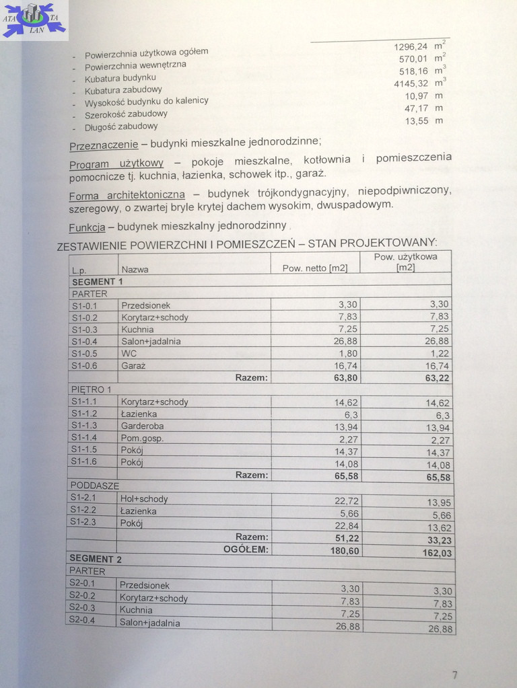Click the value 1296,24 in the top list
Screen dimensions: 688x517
point(410,46)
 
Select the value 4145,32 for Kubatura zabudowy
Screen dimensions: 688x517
point(410,83)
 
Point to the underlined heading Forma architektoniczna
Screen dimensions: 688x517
point(127,195)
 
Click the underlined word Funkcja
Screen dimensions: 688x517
point(86,227)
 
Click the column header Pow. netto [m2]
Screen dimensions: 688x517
point(314,268)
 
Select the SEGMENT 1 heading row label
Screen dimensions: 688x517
point(97,282)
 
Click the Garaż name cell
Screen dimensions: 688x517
point(133,366)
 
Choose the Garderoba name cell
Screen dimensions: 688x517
point(142,426)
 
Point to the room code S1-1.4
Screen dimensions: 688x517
point(84,438)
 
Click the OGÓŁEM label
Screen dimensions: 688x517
point(245,549)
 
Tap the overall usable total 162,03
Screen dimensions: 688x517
point(437,553)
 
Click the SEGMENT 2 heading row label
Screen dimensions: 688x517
point(95,559)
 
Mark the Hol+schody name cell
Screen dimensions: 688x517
point(144,499)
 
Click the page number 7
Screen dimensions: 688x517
point(454,675)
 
